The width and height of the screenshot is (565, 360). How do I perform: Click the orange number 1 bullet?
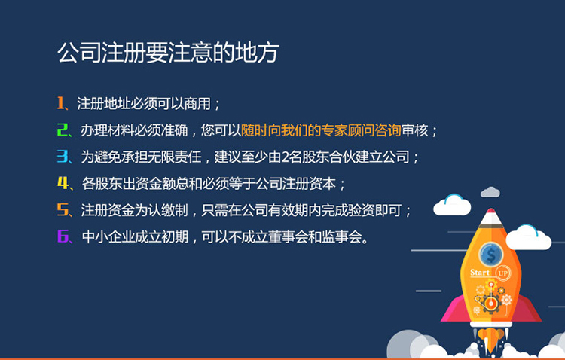61,103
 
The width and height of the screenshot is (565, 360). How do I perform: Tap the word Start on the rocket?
480,272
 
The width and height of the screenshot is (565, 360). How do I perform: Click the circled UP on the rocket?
502,272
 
